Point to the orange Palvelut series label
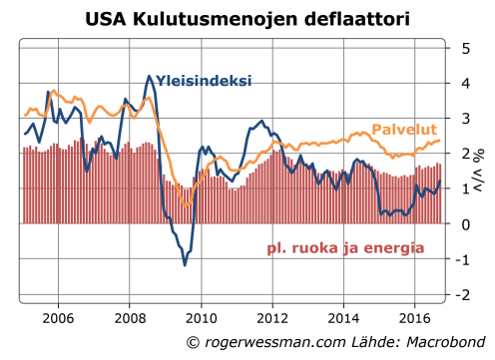[x=405, y=130]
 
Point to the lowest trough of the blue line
[x=185, y=265]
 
